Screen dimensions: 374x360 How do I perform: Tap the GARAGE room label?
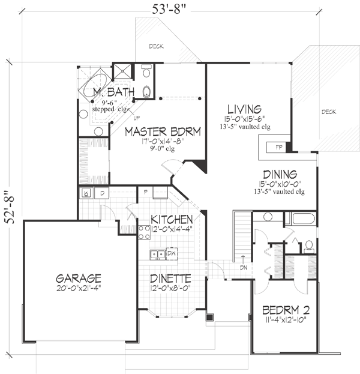point(78,279)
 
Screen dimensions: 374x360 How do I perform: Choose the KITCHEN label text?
point(172,219)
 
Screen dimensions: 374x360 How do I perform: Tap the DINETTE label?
point(171,279)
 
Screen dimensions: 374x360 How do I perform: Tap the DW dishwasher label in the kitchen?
point(170,253)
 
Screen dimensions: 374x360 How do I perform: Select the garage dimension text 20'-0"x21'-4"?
point(79,290)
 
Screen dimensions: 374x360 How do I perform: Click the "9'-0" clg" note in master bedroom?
point(162,149)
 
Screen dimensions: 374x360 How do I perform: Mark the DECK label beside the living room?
point(328,112)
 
